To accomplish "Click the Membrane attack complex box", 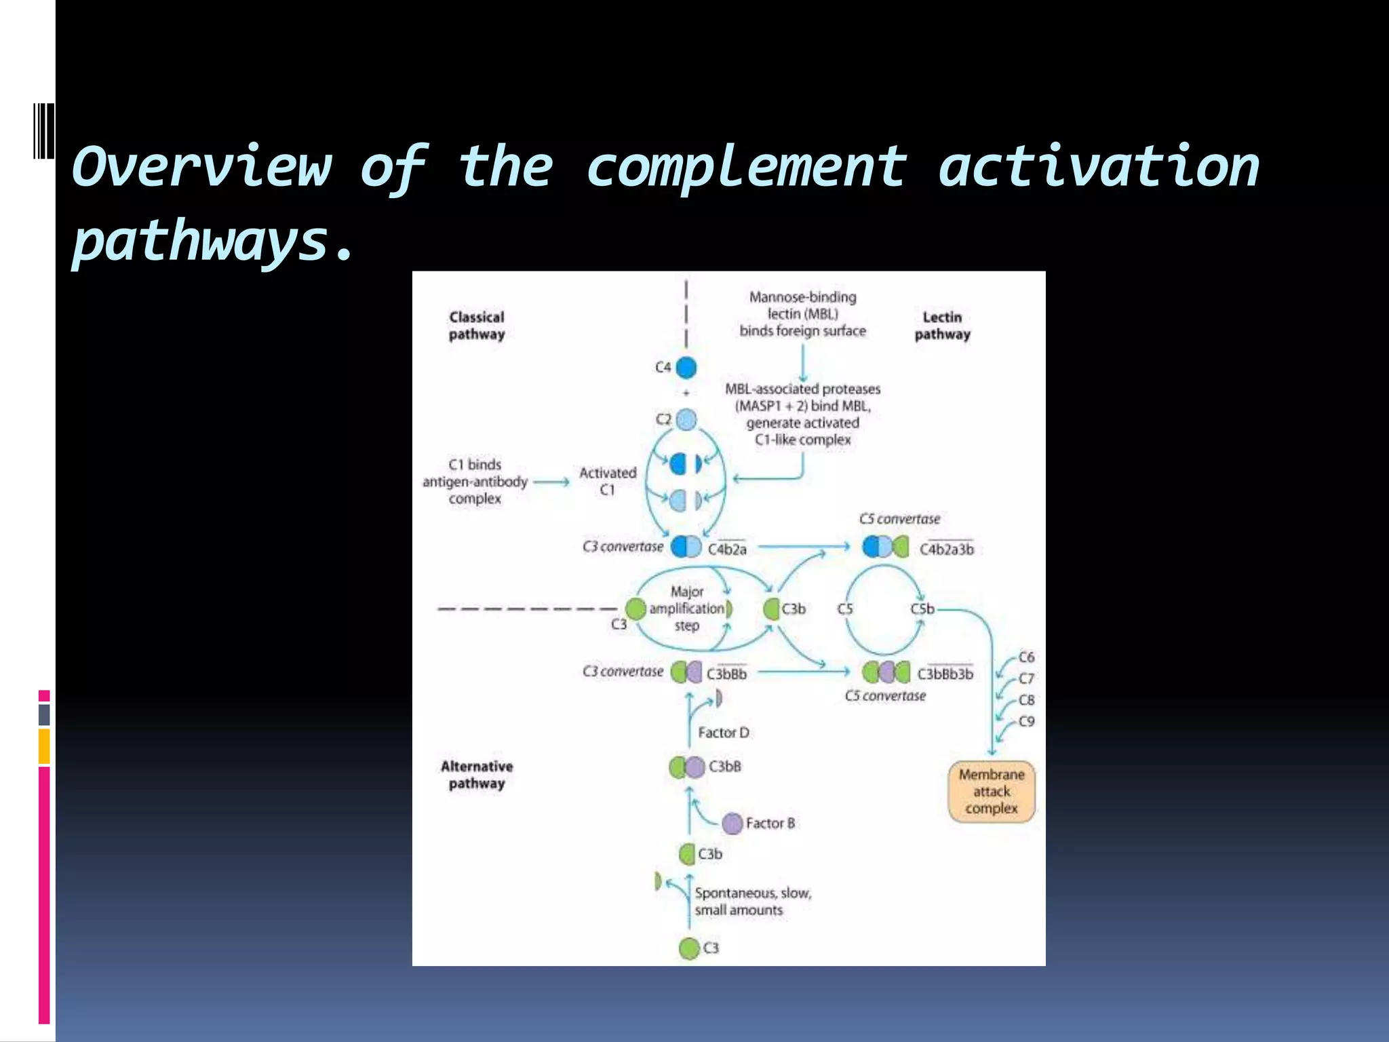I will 992,792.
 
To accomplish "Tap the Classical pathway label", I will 477,326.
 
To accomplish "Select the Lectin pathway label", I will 942,326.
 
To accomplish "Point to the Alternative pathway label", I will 477,775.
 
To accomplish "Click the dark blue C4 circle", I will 686,368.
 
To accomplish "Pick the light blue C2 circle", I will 686,420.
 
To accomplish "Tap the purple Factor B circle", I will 732,824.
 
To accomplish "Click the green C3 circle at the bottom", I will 689,948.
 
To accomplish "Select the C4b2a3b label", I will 946,549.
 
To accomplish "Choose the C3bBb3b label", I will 945,674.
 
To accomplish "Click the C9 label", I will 1027,721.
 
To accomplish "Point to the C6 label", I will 1027,657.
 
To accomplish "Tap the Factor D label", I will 724,733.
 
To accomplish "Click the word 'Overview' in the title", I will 202,167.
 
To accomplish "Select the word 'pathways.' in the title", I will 213,242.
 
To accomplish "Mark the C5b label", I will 922,609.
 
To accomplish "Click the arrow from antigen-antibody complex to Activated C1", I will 551,482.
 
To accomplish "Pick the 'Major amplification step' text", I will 686,609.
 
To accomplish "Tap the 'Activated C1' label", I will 608,481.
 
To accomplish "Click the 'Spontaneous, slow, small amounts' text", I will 752,902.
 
